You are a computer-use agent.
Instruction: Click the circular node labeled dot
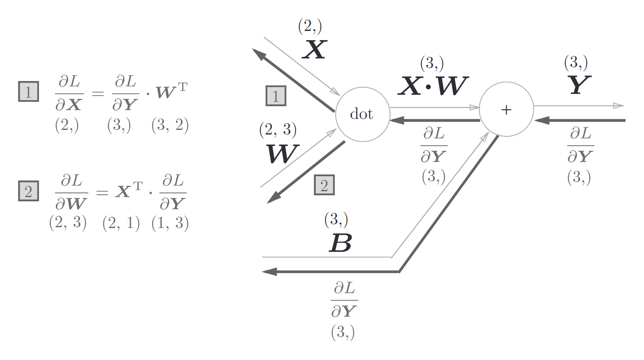point(362,114)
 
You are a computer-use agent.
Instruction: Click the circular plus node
point(506,109)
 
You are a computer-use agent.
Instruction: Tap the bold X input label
point(314,49)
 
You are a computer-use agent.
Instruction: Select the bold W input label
point(282,154)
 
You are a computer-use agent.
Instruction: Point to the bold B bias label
point(340,243)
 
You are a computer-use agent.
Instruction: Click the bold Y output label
point(579,85)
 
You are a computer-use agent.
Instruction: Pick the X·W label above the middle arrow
point(433,86)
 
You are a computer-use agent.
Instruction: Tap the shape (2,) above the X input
point(310,26)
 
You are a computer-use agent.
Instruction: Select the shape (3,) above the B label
point(336,219)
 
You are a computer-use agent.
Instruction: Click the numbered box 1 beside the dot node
point(276,96)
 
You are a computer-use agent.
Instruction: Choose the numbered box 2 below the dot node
point(324,185)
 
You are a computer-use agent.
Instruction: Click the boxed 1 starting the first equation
point(28,91)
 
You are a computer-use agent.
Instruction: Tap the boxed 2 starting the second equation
point(28,191)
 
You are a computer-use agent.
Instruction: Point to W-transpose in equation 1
point(172,91)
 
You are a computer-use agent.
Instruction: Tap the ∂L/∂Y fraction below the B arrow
point(344,299)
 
